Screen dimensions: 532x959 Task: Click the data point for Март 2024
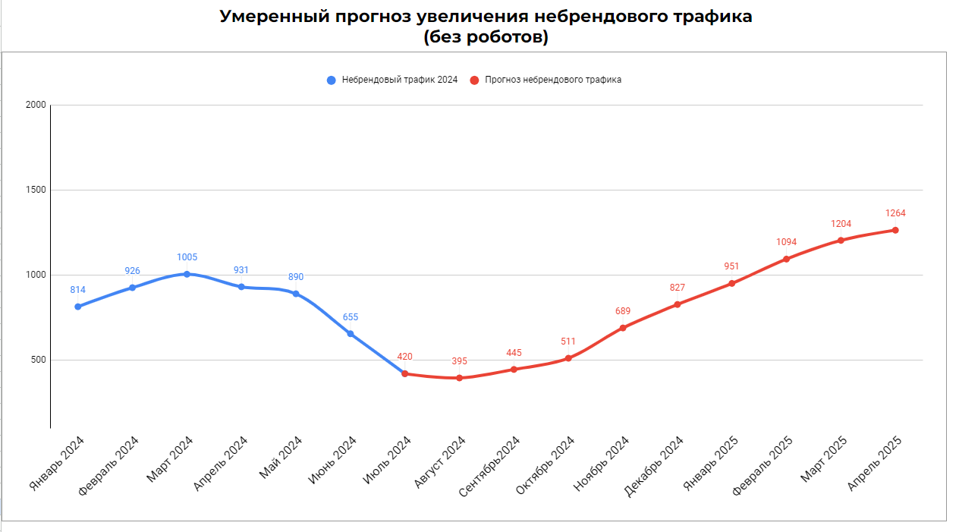pyautogui.click(x=187, y=274)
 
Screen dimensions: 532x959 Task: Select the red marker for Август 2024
pyautogui.click(x=459, y=378)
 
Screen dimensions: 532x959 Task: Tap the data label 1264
pyautogui.click(x=895, y=213)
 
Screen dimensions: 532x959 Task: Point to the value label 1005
pyautogui.click(x=187, y=257)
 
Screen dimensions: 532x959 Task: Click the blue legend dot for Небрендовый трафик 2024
pyautogui.click(x=331, y=80)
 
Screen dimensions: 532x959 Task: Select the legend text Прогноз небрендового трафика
pyautogui.click(x=553, y=80)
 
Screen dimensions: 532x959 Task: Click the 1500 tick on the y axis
pyautogui.click(x=34, y=190)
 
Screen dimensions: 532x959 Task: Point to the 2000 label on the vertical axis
pyautogui.click(x=34, y=105)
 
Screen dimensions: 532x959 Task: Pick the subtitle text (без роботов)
pyautogui.click(x=486, y=36)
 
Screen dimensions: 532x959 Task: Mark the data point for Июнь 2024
pyautogui.click(x=350, y=334)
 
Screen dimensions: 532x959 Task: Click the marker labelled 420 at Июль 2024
pyautogui.click(x=404, y=373)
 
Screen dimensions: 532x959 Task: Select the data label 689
pyautogui.click(x=623, y=311)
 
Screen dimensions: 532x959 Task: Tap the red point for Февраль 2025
pyautogui.click(x=786, y=259)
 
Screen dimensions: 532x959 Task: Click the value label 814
pyautogui.click(x=77, y=290)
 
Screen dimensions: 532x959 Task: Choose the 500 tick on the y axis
pyautogui.click(x=37, y=360)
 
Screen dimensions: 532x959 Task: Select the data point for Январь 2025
pyautogui.click(x=731, y=283)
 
